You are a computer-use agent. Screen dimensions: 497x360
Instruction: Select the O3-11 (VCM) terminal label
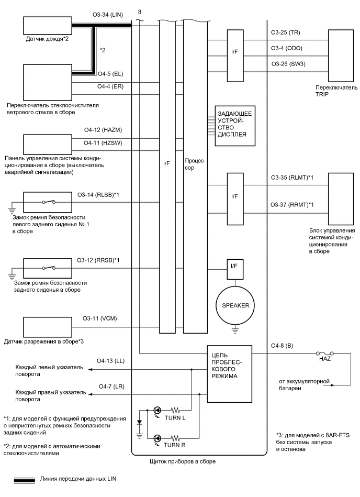tap(101, 319)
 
